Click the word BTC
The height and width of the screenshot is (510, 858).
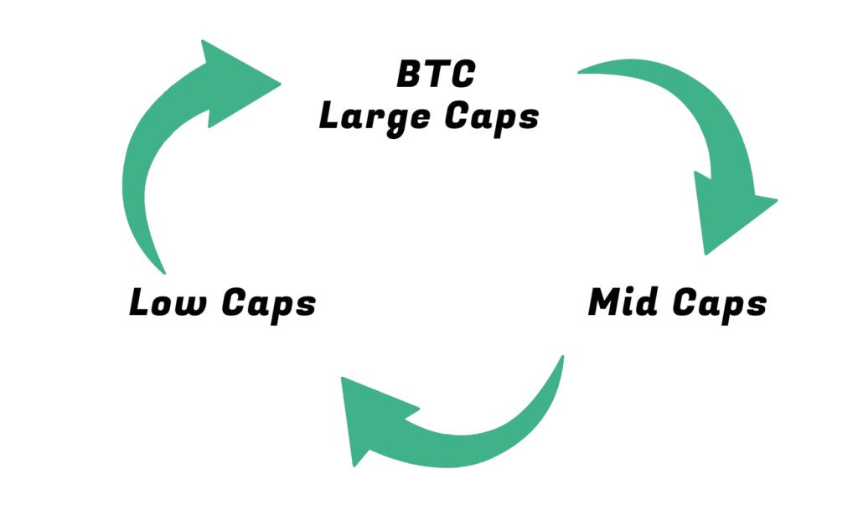pos(436,75)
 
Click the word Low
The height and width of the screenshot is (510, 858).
pos(168,301)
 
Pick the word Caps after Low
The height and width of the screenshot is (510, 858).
pos(269,305)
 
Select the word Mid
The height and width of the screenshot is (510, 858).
pos(623,301)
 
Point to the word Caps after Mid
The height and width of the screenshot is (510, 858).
pos(720,305)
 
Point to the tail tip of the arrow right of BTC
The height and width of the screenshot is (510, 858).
pos(579,72)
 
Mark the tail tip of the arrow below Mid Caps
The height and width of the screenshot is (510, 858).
pos(562,357)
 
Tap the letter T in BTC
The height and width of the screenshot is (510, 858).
pos(437,75)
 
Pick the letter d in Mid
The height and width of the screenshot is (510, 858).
pos(647,301)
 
